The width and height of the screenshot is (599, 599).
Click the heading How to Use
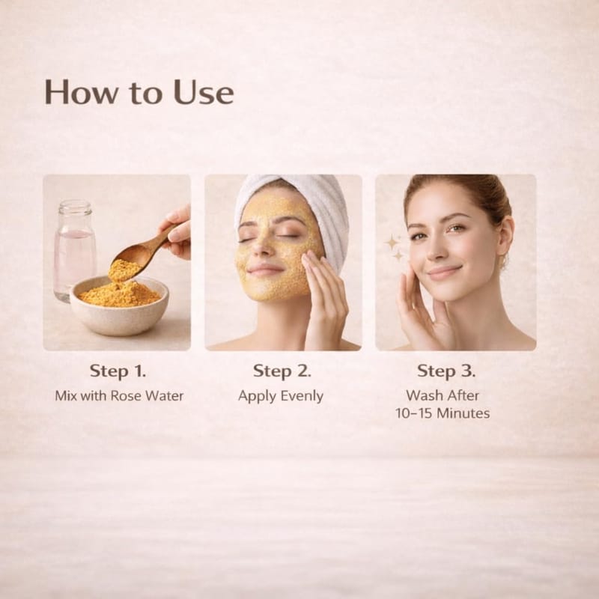click(x=139, y=92)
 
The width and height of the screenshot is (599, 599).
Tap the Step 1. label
click(x=118, y=371)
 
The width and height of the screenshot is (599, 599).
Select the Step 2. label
click(x=282, y=371)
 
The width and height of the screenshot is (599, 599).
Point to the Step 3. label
click(x=446, y=371)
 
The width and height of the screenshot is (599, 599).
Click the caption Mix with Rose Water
click(x=119, y=396)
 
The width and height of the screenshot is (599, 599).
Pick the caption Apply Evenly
click(x=281, y=396)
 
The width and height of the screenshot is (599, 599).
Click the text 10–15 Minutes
click(x=443, y=413)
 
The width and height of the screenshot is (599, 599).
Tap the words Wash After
click(x=443, y=395)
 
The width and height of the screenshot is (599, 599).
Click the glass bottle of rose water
click(x=74, y=250)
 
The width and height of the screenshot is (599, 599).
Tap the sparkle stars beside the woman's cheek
click(x=394, y=248)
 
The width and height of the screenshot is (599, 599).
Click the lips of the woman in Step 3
click(x=445, y=272)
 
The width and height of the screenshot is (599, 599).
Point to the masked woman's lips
click(x=265, y=270)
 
